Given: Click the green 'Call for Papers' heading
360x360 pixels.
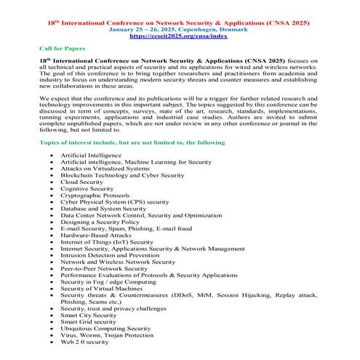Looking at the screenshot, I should pos(60,48).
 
